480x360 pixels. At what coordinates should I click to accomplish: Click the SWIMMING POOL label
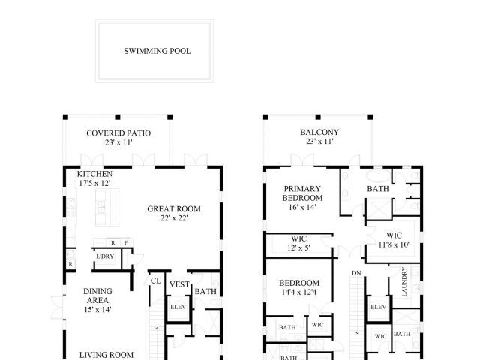tap(157, 52)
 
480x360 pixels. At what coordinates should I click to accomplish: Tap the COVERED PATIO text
tap(118, 133)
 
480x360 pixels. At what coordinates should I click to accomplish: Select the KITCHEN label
tap(94, 174)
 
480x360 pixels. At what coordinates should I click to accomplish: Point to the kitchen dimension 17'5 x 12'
tap(94, 183)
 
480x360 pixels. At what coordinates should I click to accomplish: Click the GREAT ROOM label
tap(172, 210)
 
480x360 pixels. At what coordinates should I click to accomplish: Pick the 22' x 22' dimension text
tap(172, 219)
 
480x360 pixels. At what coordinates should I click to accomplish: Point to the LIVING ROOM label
tap(106, 355)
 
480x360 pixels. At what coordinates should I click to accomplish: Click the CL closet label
tap(156, 281)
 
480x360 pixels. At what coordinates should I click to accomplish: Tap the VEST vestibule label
tap(178, 284)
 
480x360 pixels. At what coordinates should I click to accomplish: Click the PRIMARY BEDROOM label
tap(302, 193)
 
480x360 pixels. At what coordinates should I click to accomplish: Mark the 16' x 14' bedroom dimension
tap(302, 208)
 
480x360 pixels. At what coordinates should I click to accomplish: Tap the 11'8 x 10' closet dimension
tap(394, 244)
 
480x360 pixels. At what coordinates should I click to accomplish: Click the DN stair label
tap(356, 273)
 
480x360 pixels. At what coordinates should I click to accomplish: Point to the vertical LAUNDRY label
tap(404, 281)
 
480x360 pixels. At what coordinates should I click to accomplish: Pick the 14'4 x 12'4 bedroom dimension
tap(299, 292)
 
